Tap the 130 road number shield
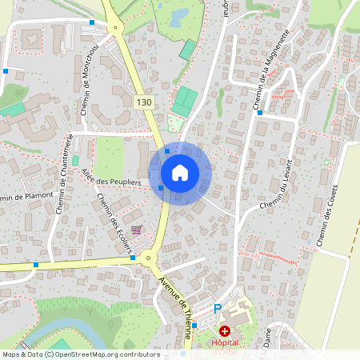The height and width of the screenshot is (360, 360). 143,102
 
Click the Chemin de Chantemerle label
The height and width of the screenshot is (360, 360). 65,174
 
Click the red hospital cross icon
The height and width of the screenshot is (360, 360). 225,330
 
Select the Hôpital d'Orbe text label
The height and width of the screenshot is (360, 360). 226,346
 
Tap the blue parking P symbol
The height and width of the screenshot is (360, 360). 218,309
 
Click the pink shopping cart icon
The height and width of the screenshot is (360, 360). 137,230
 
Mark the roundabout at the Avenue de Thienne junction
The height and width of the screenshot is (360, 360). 148,258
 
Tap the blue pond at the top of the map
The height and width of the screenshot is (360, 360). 176,14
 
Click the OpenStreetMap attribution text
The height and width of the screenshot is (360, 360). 81,354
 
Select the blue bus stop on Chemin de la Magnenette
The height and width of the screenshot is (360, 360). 259,113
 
